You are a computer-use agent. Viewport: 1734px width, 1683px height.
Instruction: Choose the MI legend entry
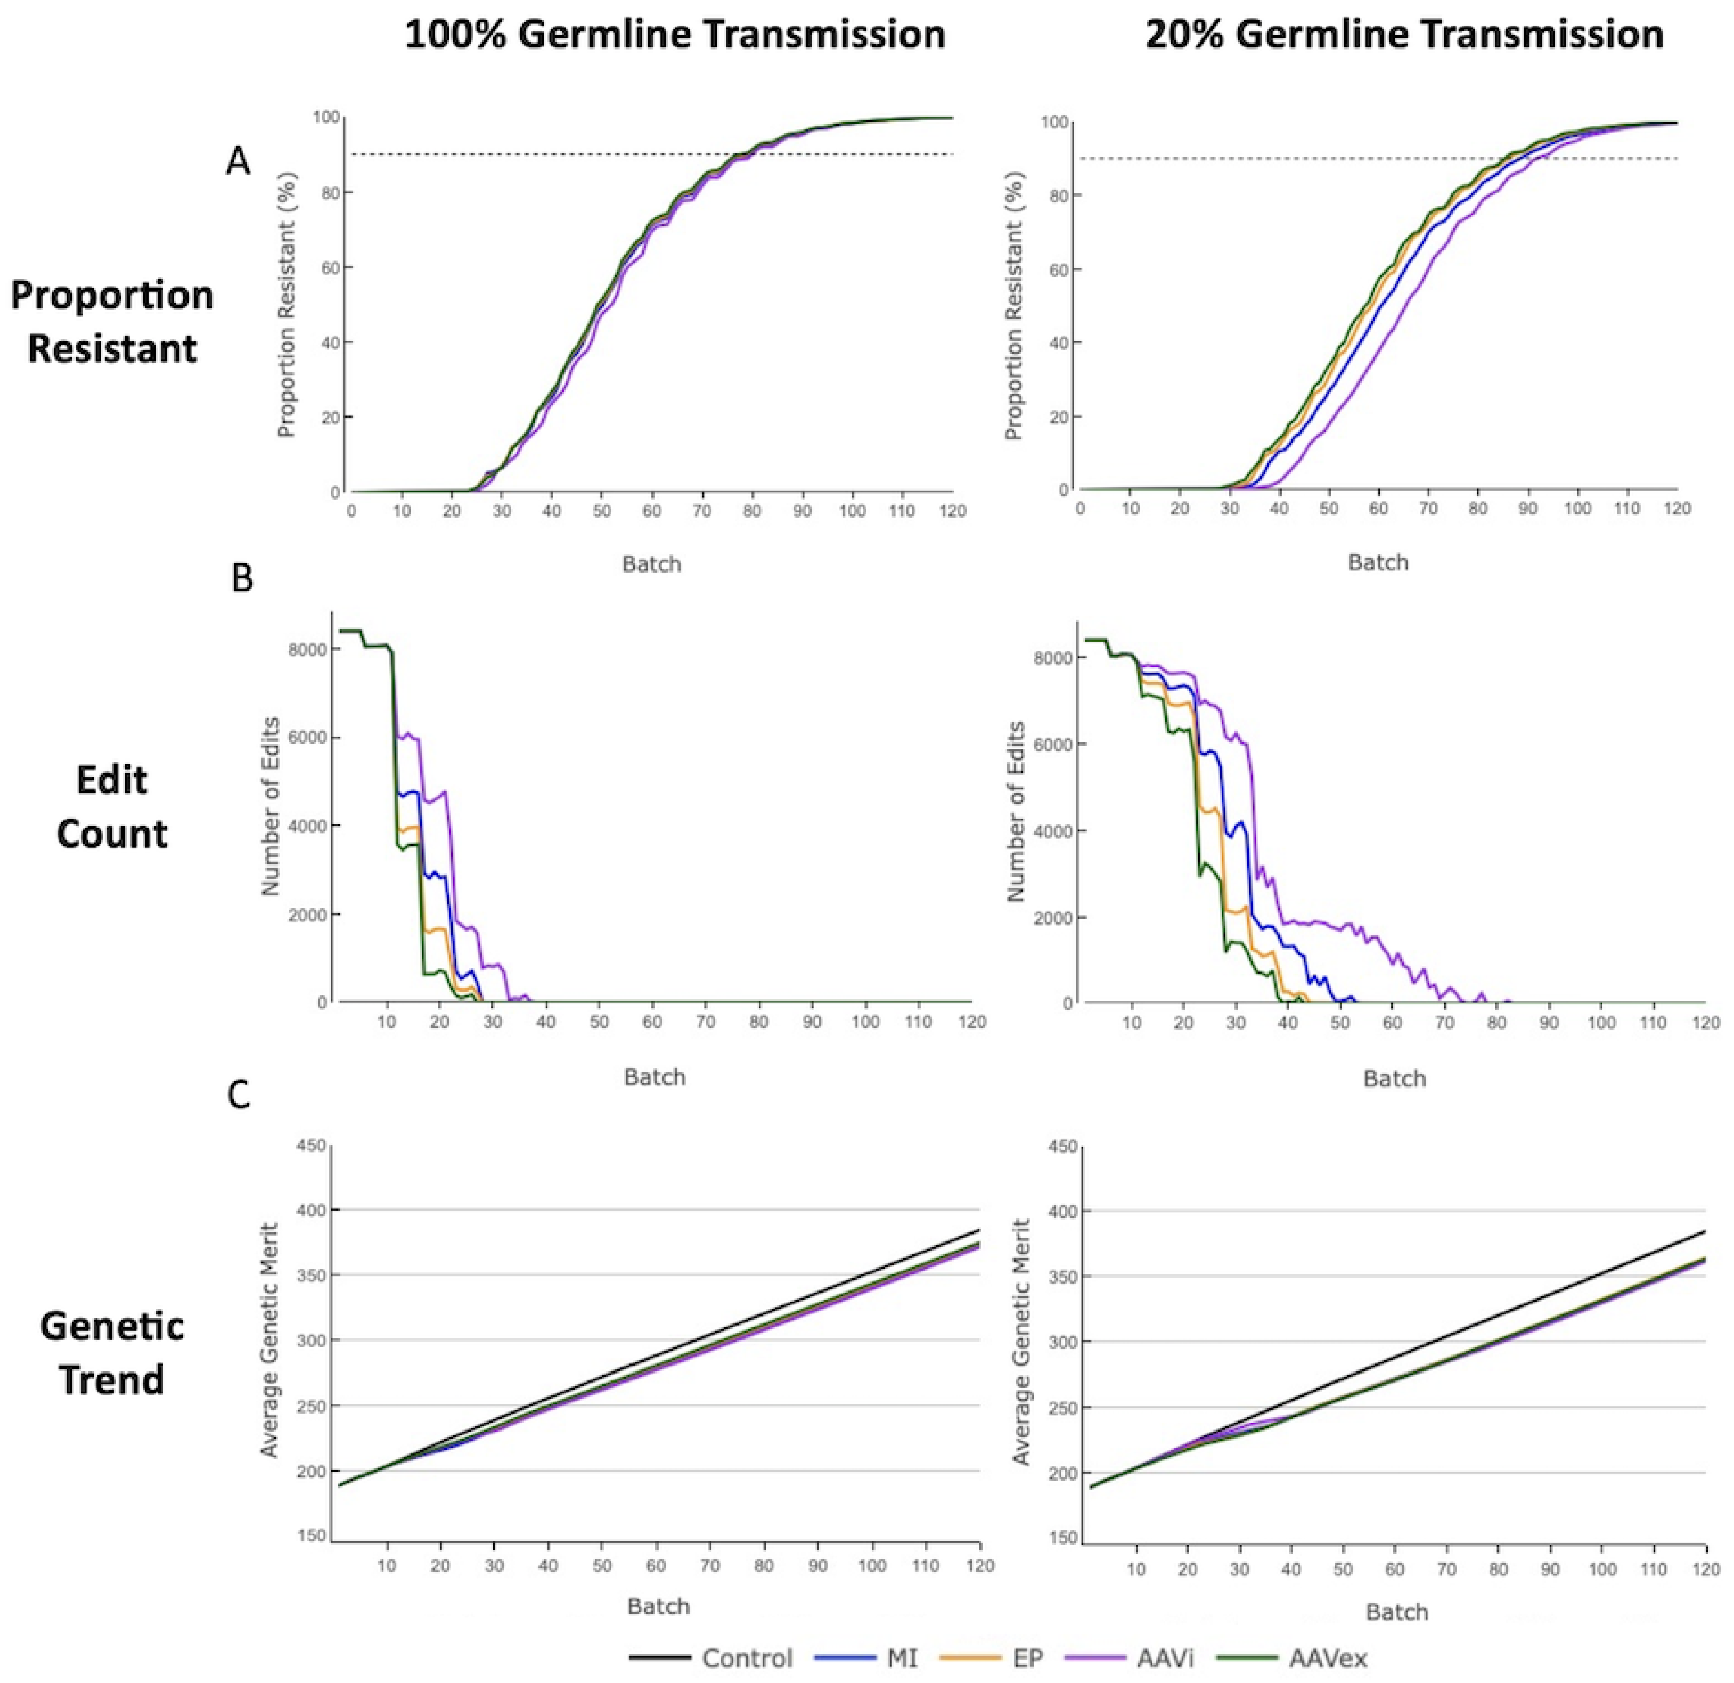[901, 1657]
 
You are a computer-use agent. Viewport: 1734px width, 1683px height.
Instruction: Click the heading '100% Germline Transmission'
[675, 35]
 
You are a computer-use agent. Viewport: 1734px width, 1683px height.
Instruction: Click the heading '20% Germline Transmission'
[1404, 35]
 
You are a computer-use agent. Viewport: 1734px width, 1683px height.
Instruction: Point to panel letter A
[237, 162]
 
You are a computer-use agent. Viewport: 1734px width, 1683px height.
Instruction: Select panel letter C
[239, 1096]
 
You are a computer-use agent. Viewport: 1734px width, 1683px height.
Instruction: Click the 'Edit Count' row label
[112, 806]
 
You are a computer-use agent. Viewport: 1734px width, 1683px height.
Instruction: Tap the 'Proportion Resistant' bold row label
[112, 321]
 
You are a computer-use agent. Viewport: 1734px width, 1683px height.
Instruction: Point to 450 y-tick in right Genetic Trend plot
[1066, 1148]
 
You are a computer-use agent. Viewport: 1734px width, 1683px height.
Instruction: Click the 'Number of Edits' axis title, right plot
[1017, 812]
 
